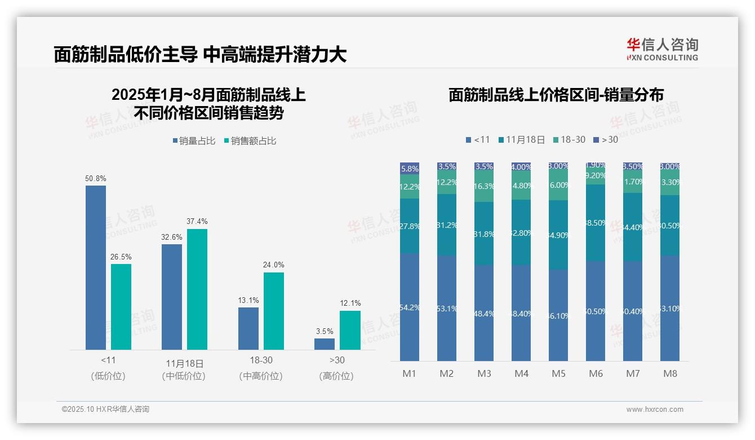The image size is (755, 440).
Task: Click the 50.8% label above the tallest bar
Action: pyautogui.click(x=96, y=178)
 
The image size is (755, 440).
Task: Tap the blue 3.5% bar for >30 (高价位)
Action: pyautogui.click(x=325, y=344)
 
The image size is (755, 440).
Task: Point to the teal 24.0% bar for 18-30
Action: pyautogui.click(x=274, y=311)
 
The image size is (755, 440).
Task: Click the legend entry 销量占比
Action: pyautogui.click(x=194, y=140)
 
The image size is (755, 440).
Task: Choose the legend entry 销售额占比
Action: pyautogui.click(x=250, y=140)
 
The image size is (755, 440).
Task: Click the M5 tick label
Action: pyautogui.click(x=558, y=373)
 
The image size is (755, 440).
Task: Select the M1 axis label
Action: pyautogui.click(x=409, y=373)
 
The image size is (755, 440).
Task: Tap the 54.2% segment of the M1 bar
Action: pyautogui.click(x=410, y=307)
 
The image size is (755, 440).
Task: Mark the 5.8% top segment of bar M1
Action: pyautogui.click(x=410, y=168)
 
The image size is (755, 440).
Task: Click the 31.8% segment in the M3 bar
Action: pyautogui.click(x=484, y=234)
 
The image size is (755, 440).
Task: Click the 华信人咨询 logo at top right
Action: pyautogui.click(x=662, y=49)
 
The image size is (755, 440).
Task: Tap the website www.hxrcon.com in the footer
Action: pyautogui.click(x=655, y=410)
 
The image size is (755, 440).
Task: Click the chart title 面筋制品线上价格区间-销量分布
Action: pyautogui.click(x=556, y=95)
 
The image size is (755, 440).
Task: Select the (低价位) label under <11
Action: pyautogui.click(x=108, y=376)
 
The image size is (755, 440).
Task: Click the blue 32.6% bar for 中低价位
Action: pyautogui.click(x=172, y=297)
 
